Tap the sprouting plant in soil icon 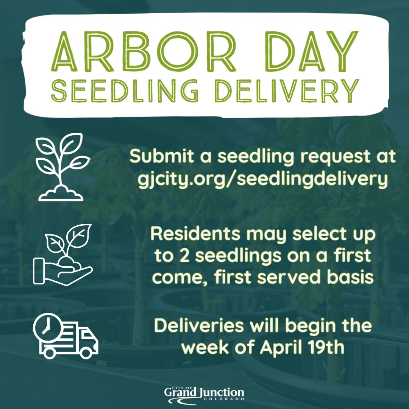click(x=61, y=167)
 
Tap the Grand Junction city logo click(x=204, y=394)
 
